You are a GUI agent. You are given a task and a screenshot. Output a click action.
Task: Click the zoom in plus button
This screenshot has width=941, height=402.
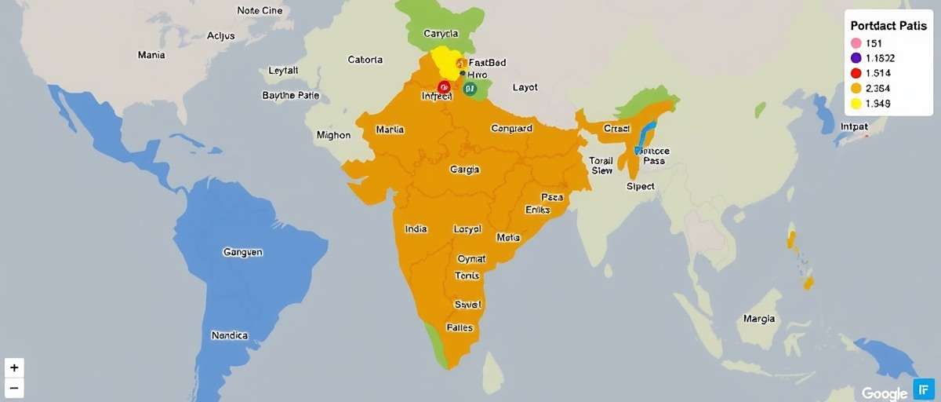pos(14,367)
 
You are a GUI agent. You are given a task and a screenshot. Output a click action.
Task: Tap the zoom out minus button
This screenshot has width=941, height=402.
pos(14,388)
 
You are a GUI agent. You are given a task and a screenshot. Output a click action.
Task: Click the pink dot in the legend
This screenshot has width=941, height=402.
pos(856,43)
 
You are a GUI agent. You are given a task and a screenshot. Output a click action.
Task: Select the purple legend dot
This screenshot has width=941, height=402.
pos(856,58)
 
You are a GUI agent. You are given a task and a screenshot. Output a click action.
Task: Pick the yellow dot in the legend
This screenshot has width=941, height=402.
pos(856,104)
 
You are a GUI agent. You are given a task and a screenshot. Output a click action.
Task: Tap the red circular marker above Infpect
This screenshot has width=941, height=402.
pos(444,86)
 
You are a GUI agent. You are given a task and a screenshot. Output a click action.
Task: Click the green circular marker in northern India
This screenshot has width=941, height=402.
pos(470,89)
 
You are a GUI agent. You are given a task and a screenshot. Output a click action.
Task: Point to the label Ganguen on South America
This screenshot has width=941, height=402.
pos(243,253)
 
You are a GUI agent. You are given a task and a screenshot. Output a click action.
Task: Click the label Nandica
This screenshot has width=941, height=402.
pos(230,335)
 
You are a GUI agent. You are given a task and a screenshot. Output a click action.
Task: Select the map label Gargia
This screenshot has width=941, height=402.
pos(465,170)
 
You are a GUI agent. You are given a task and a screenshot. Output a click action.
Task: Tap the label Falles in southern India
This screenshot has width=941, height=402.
pos(460,327)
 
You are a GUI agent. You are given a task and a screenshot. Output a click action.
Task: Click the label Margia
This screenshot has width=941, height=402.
pos(759,319)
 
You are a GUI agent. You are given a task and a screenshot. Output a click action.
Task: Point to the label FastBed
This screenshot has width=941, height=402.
pos(485,62)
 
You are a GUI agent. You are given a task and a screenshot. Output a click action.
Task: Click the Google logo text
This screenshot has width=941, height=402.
pos(885,393)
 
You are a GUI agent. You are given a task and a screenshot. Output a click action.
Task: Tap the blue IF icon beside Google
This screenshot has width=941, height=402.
pos(923,389)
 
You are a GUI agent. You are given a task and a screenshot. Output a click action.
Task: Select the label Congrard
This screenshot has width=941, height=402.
pos(511,129)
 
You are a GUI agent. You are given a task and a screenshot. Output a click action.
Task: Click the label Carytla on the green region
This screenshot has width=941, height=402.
pos(440,35)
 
